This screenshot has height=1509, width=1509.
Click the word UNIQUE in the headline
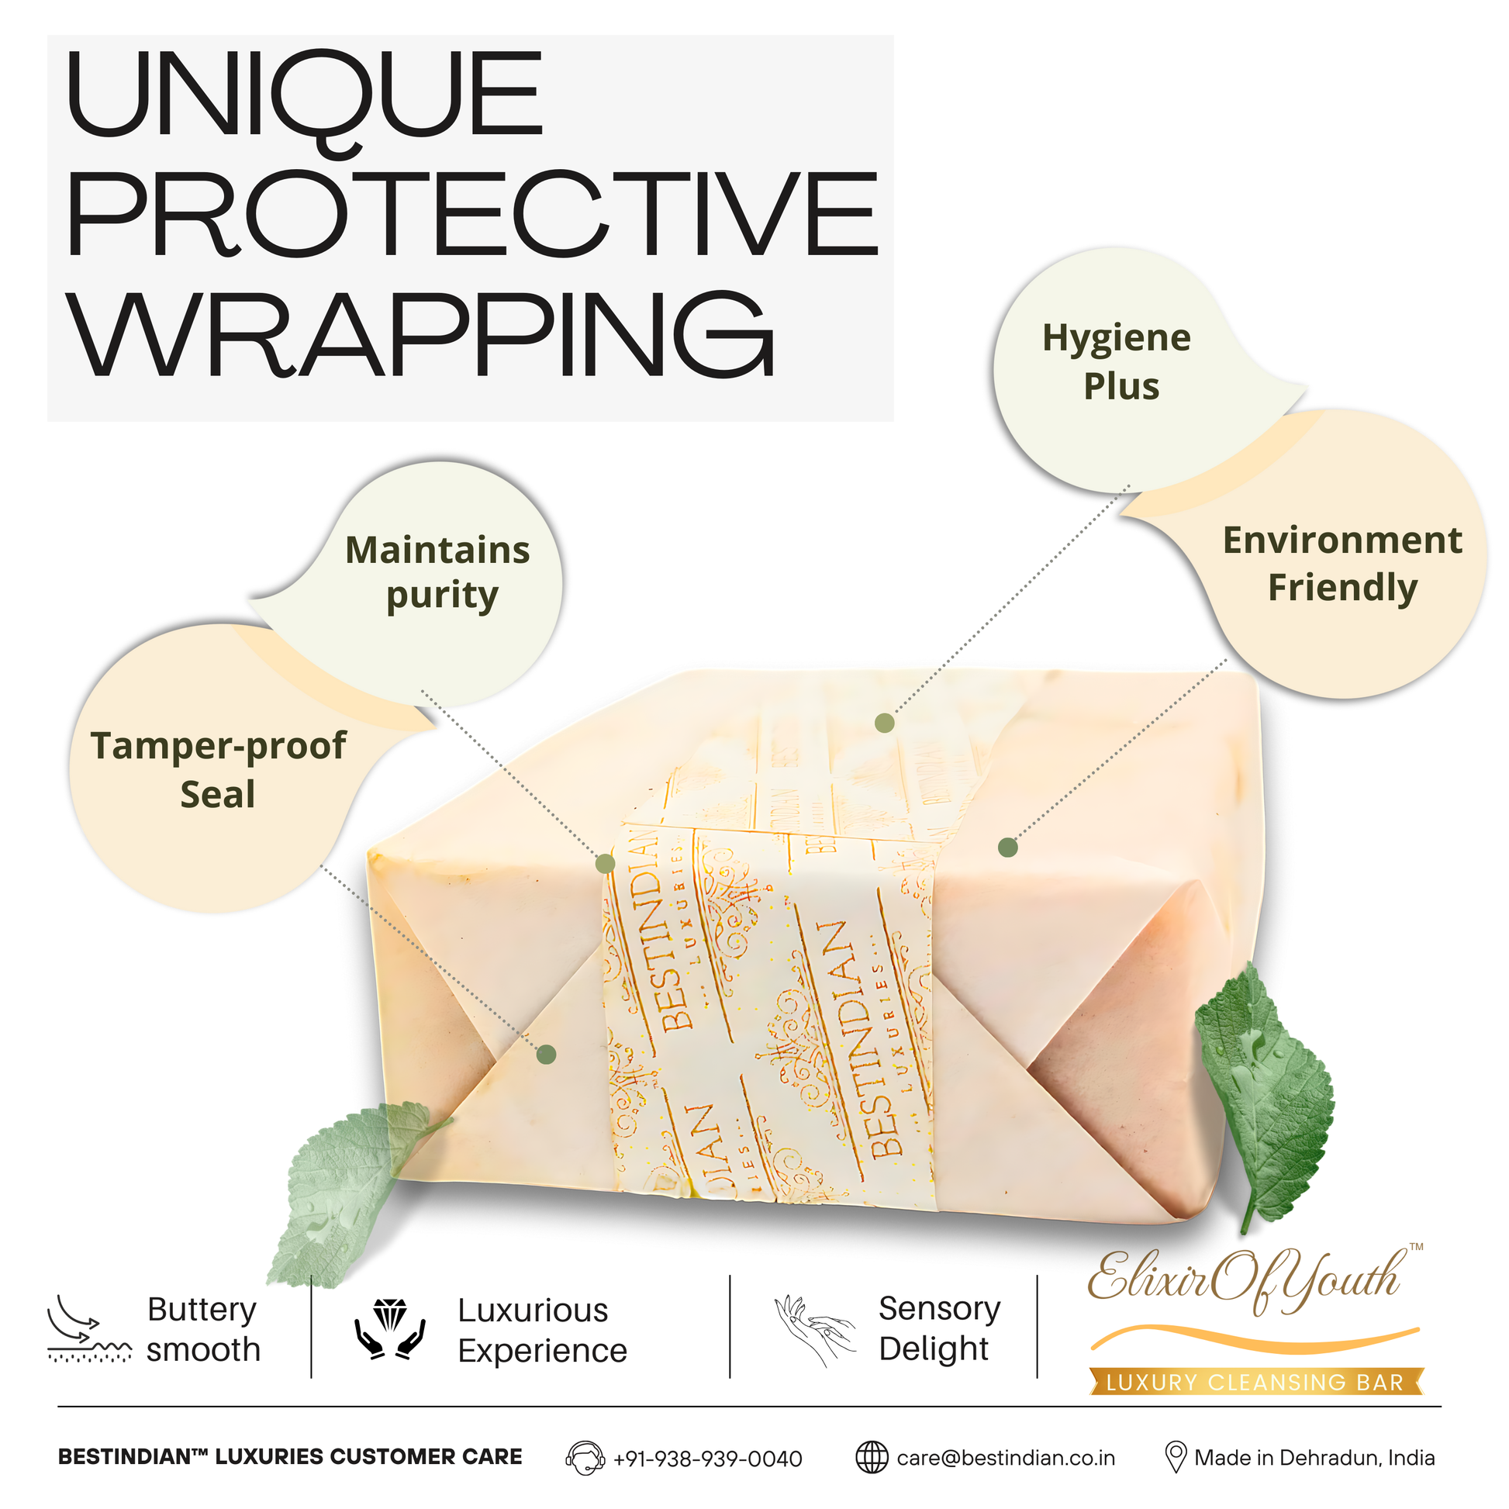[x=305, y=97]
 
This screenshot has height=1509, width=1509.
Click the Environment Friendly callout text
[x=1342, y=564]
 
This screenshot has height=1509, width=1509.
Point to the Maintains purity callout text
[x=438, y=572]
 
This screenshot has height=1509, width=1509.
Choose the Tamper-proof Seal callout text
[x=218, y=770]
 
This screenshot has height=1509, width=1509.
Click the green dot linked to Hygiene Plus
[x=884, y=723]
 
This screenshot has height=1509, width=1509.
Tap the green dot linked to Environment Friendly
[x=1008, y=848]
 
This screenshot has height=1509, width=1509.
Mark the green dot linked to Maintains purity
[x=606, y=864]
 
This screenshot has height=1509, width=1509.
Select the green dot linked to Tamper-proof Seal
[x=546, y=1055]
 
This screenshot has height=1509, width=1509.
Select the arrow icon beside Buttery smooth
[x=89, y=1328]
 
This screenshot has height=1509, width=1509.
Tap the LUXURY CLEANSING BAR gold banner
[x=1256, y=1382]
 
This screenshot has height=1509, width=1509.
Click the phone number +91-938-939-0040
[x=708, y=1459]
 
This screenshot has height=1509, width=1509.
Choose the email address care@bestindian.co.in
[x=1006, y=1459]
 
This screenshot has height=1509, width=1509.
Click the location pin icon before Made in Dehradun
[x=1176, y=1458]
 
